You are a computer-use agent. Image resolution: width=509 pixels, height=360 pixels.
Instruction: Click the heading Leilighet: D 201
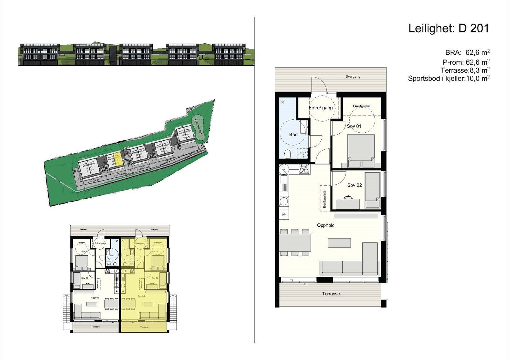pyautogui.click(x=448, y=29)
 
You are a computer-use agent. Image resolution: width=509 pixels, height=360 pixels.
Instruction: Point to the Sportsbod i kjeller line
pyautogui.click(x=449, y=79)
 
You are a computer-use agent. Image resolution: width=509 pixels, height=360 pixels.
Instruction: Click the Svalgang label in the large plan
pyautogui.click(x=353, y=77)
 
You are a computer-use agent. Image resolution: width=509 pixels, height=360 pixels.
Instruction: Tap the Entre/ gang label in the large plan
pyautogui.click(x=321, y=108)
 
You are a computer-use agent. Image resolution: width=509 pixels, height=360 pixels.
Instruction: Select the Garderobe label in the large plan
pyautogui.click(x=361, y=106)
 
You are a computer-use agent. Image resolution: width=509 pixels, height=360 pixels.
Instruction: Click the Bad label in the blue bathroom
pyautogui.click(x=293, y=135)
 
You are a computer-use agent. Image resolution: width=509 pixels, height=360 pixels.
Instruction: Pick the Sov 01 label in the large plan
pyautogui.click(x=354, y=126)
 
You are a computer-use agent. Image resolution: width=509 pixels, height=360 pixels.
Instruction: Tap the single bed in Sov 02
pyautogui.click(x=372, y=190)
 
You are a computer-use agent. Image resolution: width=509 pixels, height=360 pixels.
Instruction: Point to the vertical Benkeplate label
pyautogui.click(x=324, y=199)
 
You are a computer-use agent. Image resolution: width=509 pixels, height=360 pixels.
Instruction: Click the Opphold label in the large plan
pyautogui.click(x=326, y=225)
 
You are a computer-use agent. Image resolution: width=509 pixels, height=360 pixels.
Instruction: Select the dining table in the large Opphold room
pyautogui.click(x=295, y=242)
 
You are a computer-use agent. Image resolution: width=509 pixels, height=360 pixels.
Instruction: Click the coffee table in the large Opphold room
pyautogui.click(x=339, y=243)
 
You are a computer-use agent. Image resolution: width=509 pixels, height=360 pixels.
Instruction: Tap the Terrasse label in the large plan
pyautogui.click(x=331, y=294)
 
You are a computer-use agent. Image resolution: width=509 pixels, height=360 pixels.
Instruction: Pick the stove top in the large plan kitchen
pyautogui.click(x=304, y=169)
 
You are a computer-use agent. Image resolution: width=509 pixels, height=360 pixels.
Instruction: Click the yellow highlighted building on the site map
pyautogui.click(x=116, y=159)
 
